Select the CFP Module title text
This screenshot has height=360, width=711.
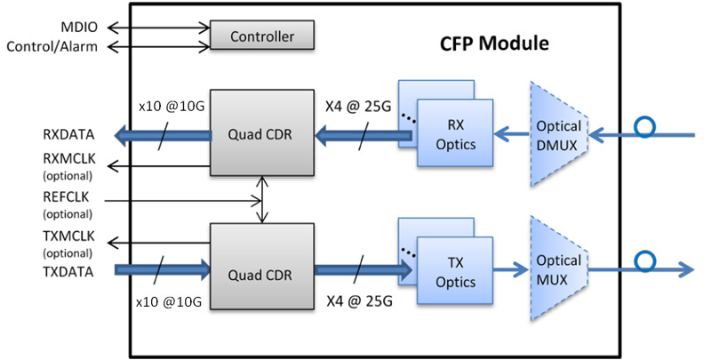[x=494, y=43]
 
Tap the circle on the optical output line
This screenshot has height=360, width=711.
[x=643, y=263]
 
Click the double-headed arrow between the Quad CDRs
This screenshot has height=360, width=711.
[x=261, y=200]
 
